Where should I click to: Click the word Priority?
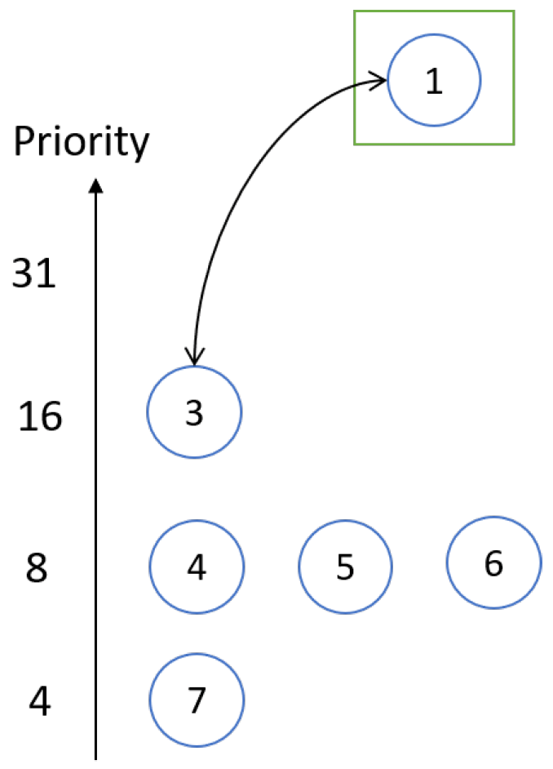coord(82,142)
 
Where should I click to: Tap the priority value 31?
coord(33,273)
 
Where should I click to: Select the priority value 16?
coord(40,416)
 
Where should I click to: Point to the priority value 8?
coord(37,568)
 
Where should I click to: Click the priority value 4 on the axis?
coord(39,701)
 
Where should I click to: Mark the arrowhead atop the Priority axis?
coord(96,185)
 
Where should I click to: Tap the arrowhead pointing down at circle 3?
coord(194,357)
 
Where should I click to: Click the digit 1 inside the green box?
coord(434,81)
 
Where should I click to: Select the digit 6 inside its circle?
coord(493,563)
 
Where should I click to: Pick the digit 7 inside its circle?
coord(197,700)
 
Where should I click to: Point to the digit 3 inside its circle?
coord(194,413)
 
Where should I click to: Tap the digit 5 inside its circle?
coord(345,567)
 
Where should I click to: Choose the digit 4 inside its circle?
coord(197,567)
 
